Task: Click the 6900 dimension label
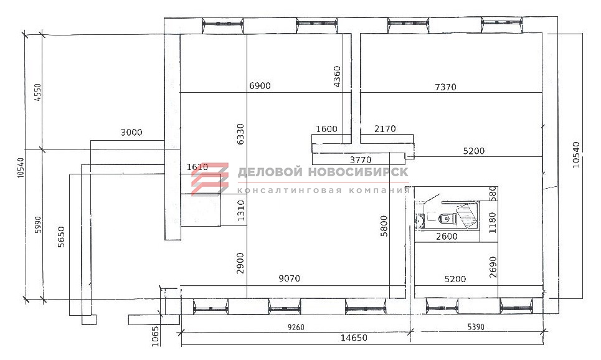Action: [x=260, y=85]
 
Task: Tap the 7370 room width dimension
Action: [x=446, y=87]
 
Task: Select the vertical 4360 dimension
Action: [x=337, y=77]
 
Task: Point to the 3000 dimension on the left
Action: [x=131, y=133]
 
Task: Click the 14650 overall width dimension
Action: [x=354, y=338]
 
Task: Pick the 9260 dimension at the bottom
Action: [x=296, y=327]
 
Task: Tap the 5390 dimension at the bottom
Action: [x=476, y=327]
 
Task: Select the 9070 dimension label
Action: [x=290, y=278]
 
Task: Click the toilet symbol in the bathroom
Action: [x=446, y=218]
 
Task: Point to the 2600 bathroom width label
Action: [x=447, y=237]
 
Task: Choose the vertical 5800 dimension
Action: [x=384, y=226]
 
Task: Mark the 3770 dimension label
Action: [x=361, y=159]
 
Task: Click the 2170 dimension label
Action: [x=385, y=129]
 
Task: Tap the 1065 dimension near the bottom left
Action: [x=155, y=336]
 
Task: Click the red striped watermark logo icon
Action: [x=210, y=179]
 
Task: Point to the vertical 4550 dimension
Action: [x=37, y=92]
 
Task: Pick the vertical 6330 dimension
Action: [x=240, y=134]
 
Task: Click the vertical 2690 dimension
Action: [x=493, y=267]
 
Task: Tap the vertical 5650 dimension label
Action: [x=61, y=237]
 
